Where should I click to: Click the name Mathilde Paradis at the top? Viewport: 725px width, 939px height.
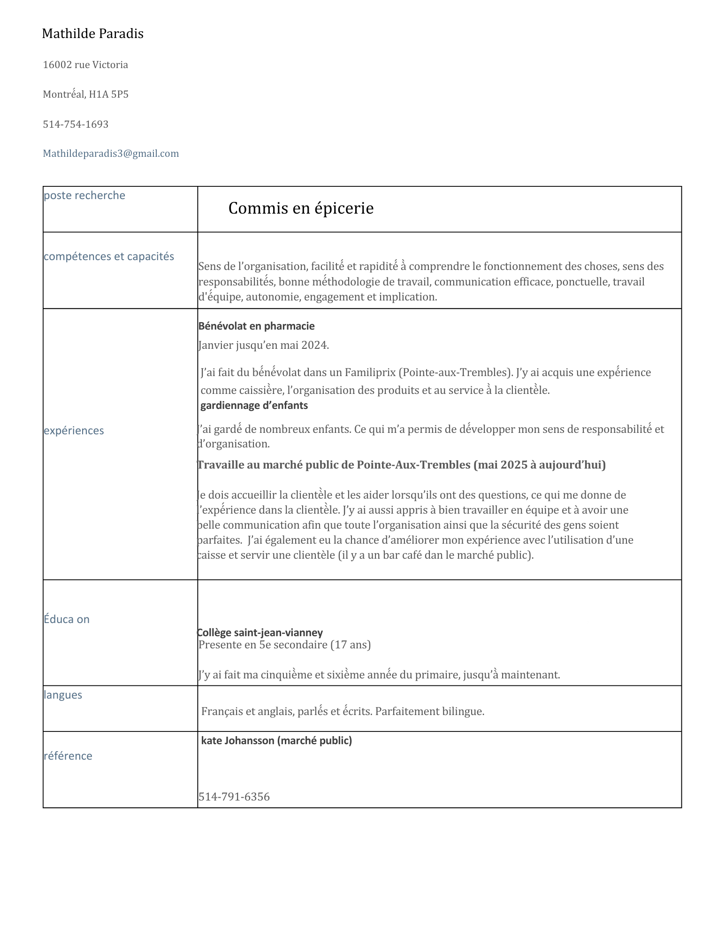[x=92, y=34]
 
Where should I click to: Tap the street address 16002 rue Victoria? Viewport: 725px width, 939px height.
[x=85, y=65]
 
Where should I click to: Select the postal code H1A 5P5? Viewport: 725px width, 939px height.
[x=108, y=94]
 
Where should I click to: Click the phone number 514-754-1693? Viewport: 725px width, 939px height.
[x=76, y=124]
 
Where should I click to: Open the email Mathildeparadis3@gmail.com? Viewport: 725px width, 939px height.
[x=111, y=154]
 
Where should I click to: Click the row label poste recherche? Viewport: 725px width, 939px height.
[x=84, y=195]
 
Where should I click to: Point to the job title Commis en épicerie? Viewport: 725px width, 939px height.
[x=301, y=208]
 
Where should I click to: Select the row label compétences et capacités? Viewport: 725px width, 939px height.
[x=109, y=256]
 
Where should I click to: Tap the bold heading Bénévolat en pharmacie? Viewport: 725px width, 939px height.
[x=256, y=326]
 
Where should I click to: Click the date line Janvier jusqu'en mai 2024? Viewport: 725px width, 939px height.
[x=263, y=346]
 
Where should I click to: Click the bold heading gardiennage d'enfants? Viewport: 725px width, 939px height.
[x=254, y=405]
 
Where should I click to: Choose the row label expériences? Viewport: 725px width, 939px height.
[x=74, y=431]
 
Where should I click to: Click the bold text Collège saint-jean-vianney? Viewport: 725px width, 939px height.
[x=260, y=632]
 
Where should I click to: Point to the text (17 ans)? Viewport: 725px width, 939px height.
[x=351, y=645]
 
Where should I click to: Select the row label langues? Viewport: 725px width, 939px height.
[x=63, y=695]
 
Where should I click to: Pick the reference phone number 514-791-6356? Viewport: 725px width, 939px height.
[x=234, y=797]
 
